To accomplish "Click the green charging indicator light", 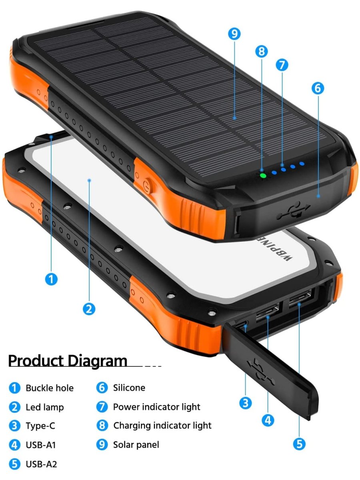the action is coord(263,175).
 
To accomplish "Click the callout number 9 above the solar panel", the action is coord(234,34).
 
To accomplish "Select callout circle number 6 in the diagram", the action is coord(318,88).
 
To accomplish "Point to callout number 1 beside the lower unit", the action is coord(51,279).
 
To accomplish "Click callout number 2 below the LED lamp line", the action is coord(89,309).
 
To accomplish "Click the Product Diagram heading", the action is coord(68,361).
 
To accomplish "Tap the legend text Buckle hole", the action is coord(50,388).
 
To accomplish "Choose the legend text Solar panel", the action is coord(136,445).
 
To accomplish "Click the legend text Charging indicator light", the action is coord(162,426).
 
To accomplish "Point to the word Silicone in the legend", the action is coord(129,388).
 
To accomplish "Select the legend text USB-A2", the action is coord(41,464).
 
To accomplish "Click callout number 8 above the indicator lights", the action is coord(262,52).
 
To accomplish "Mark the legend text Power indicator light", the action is coord(156,407).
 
